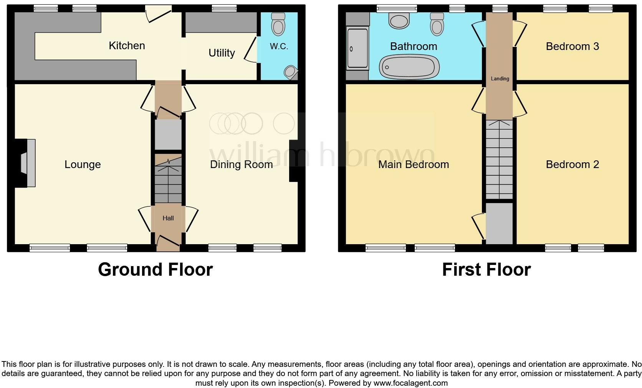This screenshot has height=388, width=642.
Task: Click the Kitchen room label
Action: pos(127,46)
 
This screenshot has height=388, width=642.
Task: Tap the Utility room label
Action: pos(222,53)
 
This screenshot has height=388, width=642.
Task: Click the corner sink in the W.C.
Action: pos(291,72)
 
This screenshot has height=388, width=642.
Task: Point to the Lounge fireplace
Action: pos(27,163)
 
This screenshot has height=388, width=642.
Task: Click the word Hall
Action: pos(168,218)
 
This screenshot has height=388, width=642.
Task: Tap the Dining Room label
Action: pos(241,165)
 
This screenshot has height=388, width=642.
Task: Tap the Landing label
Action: pos(500,79)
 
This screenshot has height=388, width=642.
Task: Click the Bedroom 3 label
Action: pos(572,47)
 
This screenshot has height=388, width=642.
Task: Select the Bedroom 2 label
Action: pos(572,165)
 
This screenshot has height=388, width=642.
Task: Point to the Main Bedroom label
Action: pos(414,165)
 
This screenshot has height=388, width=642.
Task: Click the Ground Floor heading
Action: pos(155,270)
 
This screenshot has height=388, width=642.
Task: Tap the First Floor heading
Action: pos(486,270)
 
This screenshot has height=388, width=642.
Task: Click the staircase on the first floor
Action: pos(499,160)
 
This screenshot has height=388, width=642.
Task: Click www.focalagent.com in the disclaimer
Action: pos(410,383)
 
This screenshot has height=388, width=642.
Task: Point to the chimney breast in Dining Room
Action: pos(294,161)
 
